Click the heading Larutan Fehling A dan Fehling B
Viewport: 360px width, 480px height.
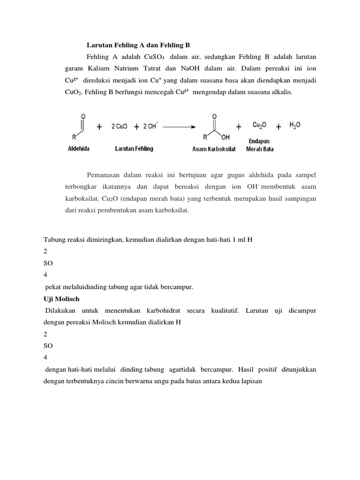[138, 45]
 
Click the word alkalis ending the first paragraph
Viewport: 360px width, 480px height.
[280, 92]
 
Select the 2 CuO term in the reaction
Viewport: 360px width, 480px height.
[120, 127]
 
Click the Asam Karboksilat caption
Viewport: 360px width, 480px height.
[214, 149]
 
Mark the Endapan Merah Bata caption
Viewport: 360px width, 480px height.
[260, 145]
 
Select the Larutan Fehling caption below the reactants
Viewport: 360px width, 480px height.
[134, 149]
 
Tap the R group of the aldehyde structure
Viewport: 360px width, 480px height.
[74, 137]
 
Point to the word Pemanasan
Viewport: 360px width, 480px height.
[105, 175]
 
